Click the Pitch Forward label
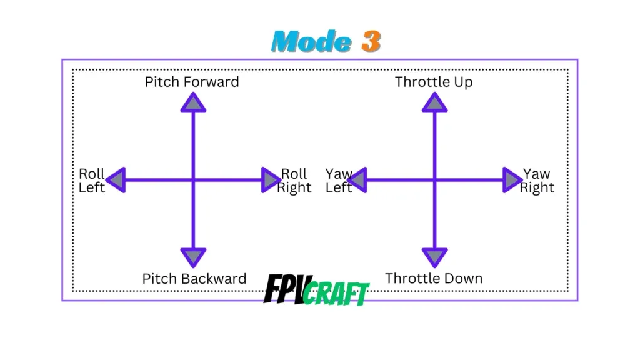(x=192, y=82)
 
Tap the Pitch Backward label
(x=194, y=279)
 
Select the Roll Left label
(x=91, y=181)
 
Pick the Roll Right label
(x=294, y=181)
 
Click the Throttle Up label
(x=434, y=82)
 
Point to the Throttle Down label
(x=434, y=279)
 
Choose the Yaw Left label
(x=339, y=181)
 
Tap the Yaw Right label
(x=537, y=181)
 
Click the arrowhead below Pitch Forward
(x=192, y=103)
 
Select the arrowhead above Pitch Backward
(x=192, y=256)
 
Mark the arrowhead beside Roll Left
(x=117, y=180)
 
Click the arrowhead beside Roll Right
(x=270, y=180)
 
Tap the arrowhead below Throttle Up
(x=434, y=103)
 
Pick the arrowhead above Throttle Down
(x=434, y=256)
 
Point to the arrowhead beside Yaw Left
(x=357, y=180)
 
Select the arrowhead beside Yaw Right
(x=512, y=180)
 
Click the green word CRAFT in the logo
(x=337, y=294)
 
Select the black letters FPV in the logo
(x=284, y=289)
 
